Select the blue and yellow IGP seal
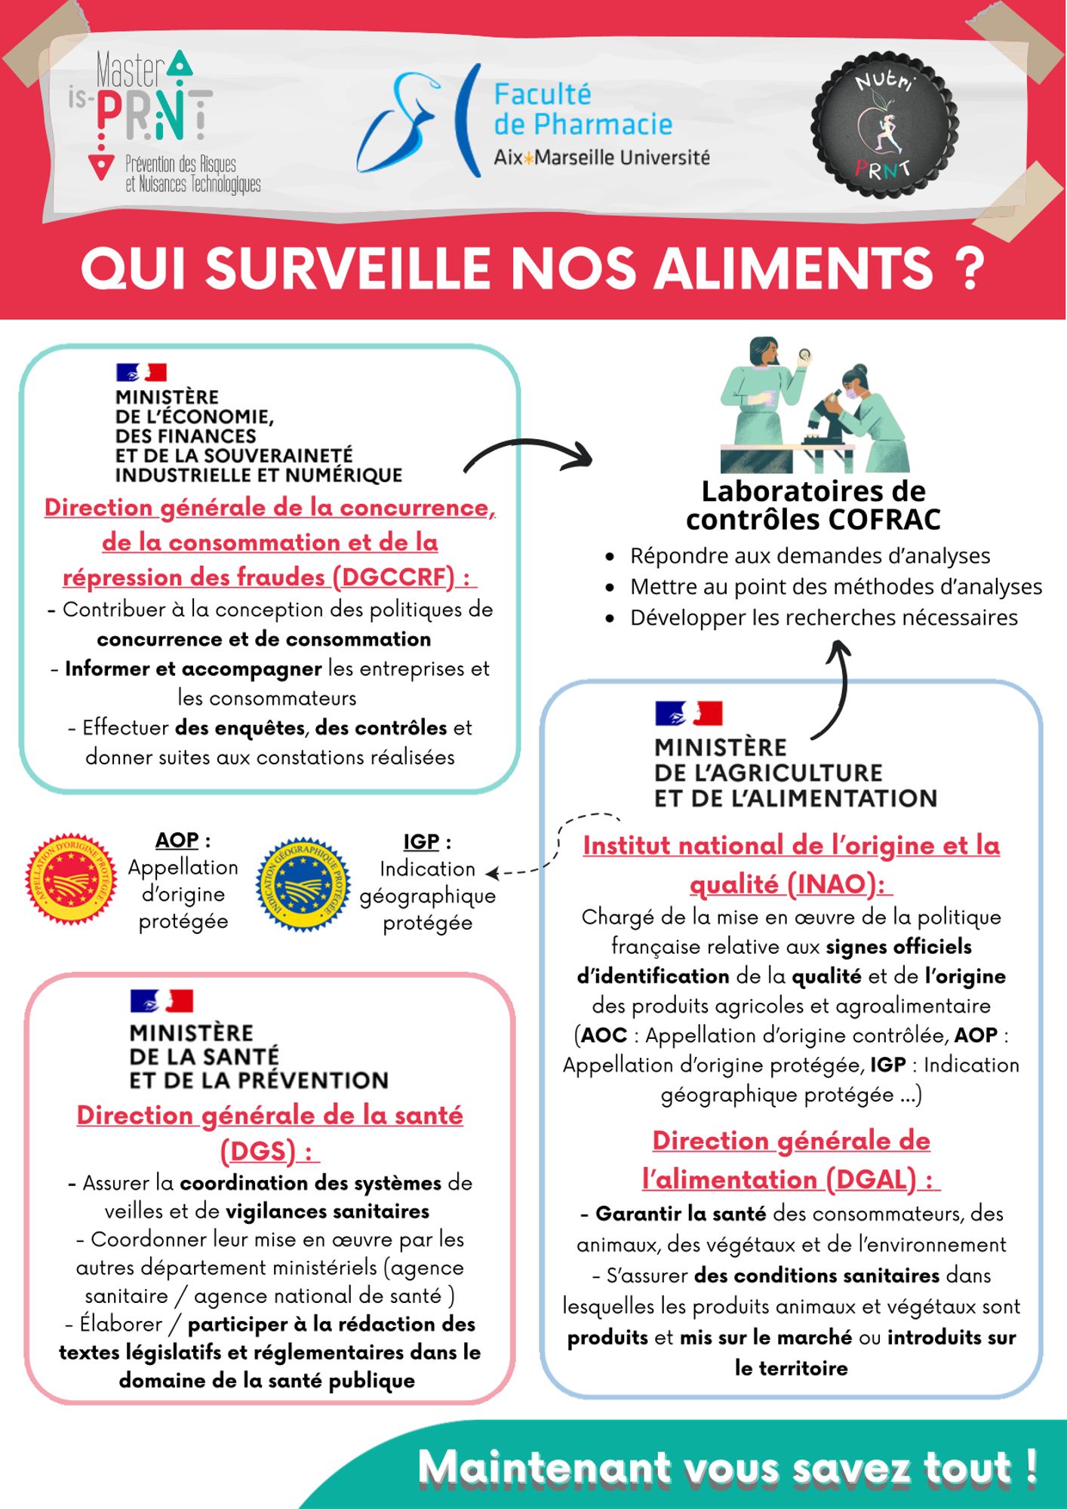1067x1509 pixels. (x=303, y=884)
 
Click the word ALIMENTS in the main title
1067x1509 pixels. (x=792, y=268)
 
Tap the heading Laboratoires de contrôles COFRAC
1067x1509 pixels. (x=813, y=505)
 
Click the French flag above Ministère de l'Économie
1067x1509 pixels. (x=141, y=372)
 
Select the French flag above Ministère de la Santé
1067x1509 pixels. (x=161, y=1000)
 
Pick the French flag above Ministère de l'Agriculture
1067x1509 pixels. (x=688, y=713)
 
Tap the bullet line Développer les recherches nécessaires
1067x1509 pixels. (x=823, y=617)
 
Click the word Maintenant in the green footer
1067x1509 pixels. (x=543, y=1468)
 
